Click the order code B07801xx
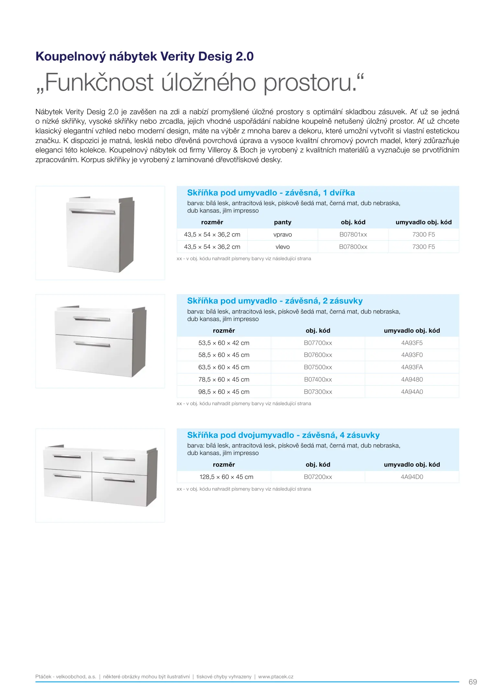click(x=353, y=235)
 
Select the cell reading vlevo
click(x=283, y=247)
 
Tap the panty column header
click(x=283, y=222)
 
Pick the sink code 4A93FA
click(x=412, y=367)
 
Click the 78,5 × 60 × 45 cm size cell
click(x=224, y=380)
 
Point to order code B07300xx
click(x=318, y=392)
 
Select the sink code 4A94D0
click(x=412, y=477)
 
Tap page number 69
click(x=473, y=682)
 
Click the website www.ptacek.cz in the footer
click(x=276, y=677)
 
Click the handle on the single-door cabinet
click(x=92, y=212)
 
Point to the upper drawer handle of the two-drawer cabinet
click(x=92, y=319)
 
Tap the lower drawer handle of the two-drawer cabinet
click(x=92, y=344)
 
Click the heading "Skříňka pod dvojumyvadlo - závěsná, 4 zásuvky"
click(x=283, y=435)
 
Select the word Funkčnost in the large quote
click(x=99, y=83)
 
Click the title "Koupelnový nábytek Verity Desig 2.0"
click(x=144, y=57)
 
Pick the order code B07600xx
click(x=318, y=355)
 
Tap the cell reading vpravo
click(x=283, y=235)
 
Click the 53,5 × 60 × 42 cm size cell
click(x=224, y=343)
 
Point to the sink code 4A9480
click(x=412, y=380)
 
